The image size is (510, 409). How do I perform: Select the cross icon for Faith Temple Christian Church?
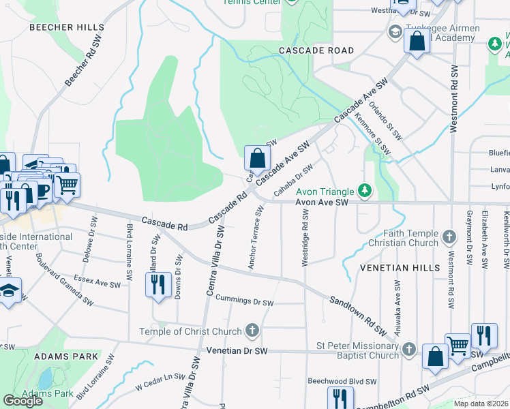click(449, 237)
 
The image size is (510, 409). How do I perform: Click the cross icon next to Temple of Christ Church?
click(252, 331)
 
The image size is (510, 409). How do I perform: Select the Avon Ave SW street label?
click(322, 202)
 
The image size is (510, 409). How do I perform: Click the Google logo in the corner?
click(23, 401)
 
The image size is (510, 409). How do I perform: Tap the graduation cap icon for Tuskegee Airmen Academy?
click(394, 32)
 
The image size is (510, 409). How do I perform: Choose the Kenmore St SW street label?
click(373, 134)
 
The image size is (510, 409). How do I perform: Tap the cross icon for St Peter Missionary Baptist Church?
click(408, 349)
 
